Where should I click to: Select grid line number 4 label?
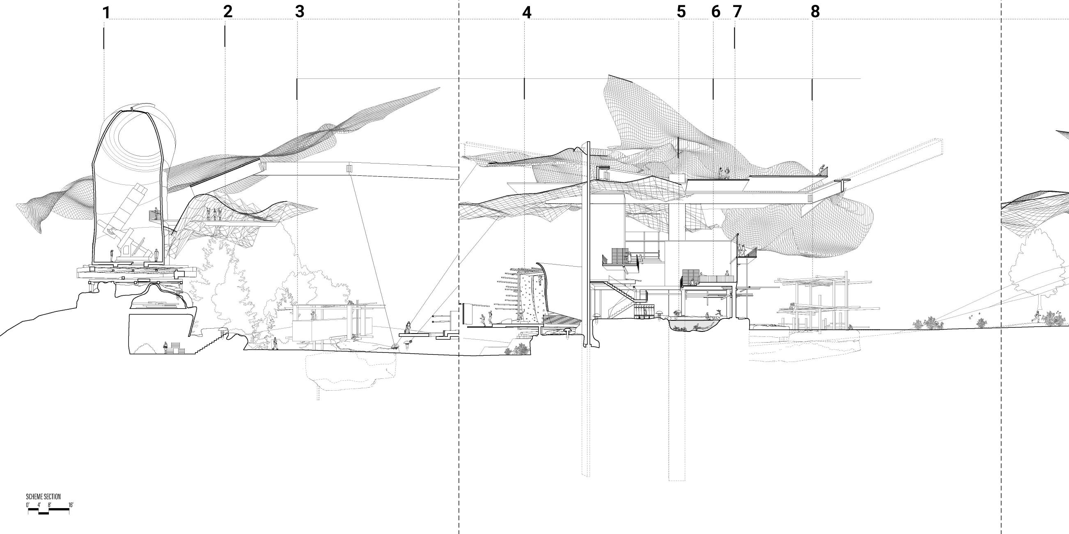coord(526,13)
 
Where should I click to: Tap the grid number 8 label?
coord(815,12)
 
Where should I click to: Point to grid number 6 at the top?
coord(716,12)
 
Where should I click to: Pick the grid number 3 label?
coord(300,12)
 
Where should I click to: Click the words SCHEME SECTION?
coord(43,497)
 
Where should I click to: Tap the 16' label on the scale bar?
coord(71,505)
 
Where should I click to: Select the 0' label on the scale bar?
coord(28,505)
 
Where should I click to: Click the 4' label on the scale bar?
coord(39,505)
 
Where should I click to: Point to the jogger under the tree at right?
coord(1036,318)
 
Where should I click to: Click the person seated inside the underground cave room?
coord(165,347)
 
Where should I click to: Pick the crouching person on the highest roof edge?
coord(821,170)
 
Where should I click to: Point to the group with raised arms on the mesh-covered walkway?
coord(214,214)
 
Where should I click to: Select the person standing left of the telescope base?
coord(111,255)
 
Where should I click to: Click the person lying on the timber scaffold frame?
coord(792,307)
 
